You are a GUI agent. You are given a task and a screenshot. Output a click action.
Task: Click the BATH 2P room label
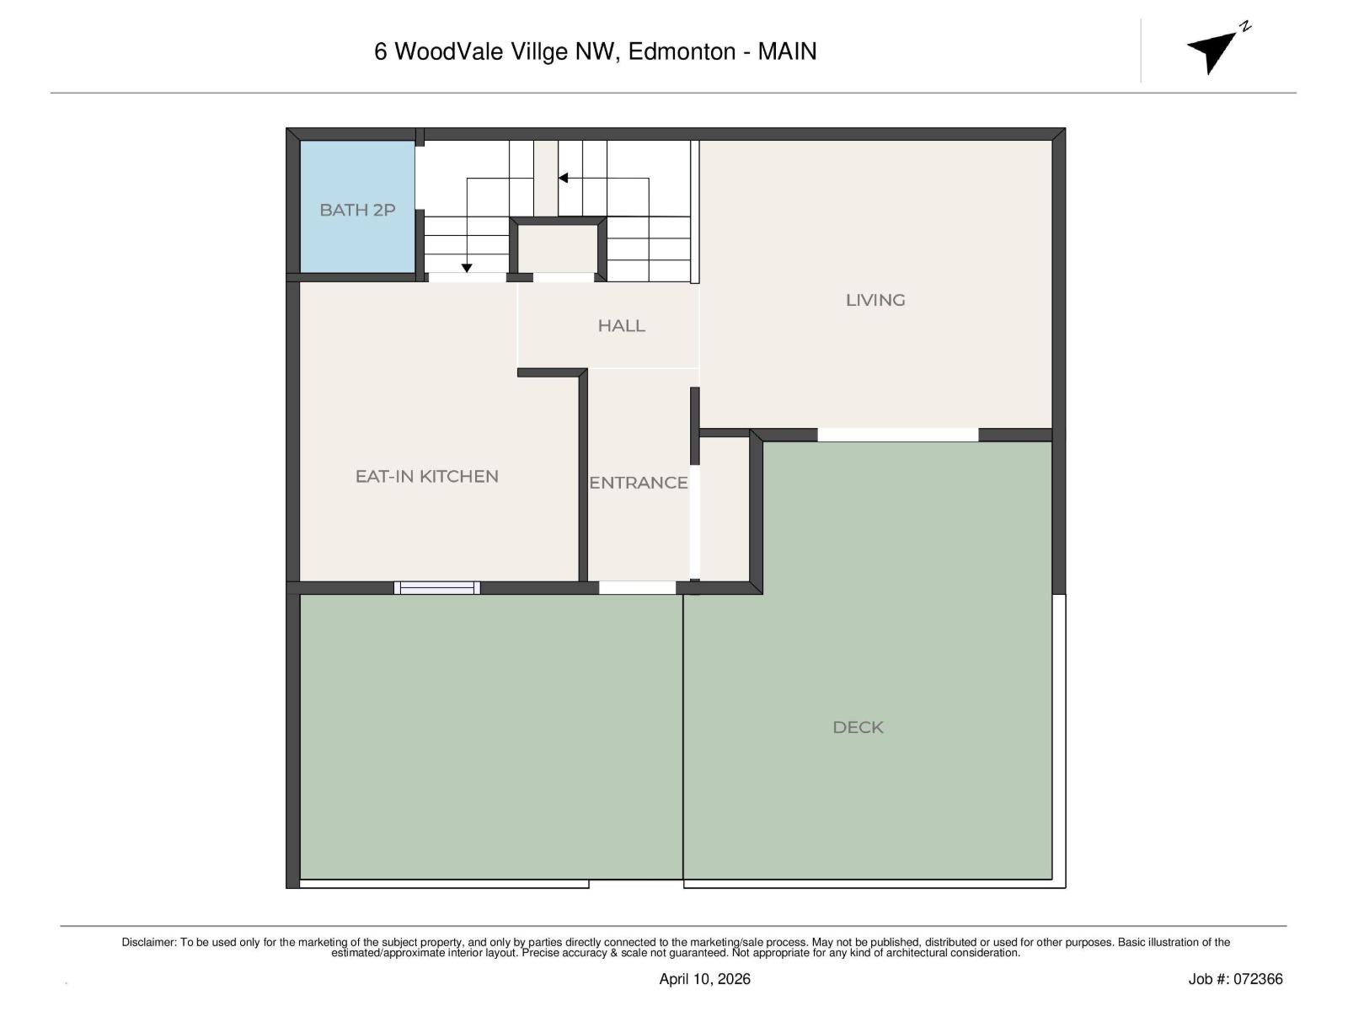click(x=357, y=210)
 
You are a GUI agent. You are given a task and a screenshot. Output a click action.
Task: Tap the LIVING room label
click(x=875, y=300)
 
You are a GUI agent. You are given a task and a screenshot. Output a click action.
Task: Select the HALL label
click(x=621, y=325)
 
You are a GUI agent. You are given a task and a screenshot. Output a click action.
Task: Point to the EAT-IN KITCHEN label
click(x=426, y=476)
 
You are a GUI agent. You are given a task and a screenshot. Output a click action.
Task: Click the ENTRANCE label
click(x=638, y=483)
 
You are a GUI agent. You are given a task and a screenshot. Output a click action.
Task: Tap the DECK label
click(x=858, y=727)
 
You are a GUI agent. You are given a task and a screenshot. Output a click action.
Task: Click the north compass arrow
click(x=1214, y=51)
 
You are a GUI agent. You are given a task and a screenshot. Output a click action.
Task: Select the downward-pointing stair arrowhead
click(x=467, y=268)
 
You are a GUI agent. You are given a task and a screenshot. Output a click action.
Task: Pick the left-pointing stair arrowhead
click(x=563, y=178)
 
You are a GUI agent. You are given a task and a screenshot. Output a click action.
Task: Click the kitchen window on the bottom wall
click(x=437, y=587)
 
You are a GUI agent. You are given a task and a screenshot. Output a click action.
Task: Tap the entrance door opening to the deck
click(x=638, y=587)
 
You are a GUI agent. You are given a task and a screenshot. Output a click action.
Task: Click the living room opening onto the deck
click(x=897, y=435)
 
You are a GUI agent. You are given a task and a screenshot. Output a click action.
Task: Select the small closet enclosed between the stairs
click(x=557, y=249)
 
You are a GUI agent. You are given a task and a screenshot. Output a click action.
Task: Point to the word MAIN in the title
click(x=787, y=51)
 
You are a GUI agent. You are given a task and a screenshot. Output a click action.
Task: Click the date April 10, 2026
click(x=704, y=979)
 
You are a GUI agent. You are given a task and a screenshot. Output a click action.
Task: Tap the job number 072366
click(x=1258, y=979)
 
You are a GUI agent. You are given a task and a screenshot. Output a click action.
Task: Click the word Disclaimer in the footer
click(x=148, y=942)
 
